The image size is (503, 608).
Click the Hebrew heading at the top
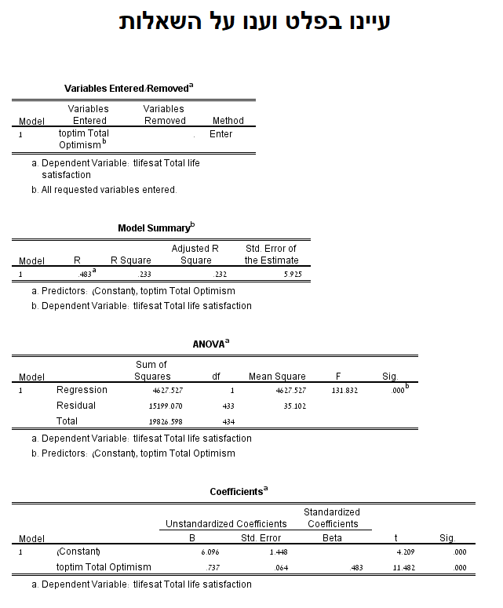tap(254, 22)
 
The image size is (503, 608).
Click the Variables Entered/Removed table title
tap(129, 88)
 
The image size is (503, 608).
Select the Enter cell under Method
tap(221, 134)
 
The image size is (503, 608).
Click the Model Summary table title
tap(156, 228)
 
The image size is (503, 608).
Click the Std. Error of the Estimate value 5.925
tap(291, 275)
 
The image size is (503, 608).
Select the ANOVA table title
tap(211, 344)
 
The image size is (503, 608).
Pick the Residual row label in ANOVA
tap(76, 406)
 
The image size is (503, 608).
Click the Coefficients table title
tap(239, 492)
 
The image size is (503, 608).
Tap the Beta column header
tap(333, 538)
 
